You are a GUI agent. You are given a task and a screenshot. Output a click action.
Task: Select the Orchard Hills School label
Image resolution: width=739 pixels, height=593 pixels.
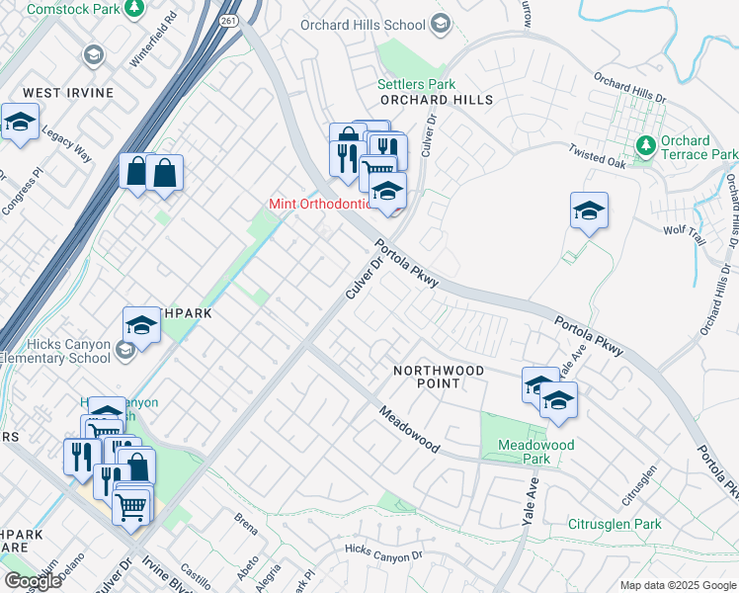coord(364,25)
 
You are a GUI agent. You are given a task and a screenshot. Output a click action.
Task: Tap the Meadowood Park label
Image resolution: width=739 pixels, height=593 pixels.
coord(535,452)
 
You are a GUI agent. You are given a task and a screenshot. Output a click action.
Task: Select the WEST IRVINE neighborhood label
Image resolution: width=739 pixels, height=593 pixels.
coord(68,93)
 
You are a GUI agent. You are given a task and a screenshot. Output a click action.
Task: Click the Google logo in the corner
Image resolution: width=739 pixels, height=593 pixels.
coord(33,581)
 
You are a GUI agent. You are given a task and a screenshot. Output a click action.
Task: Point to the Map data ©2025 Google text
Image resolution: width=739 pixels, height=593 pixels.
coord(676,585)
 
